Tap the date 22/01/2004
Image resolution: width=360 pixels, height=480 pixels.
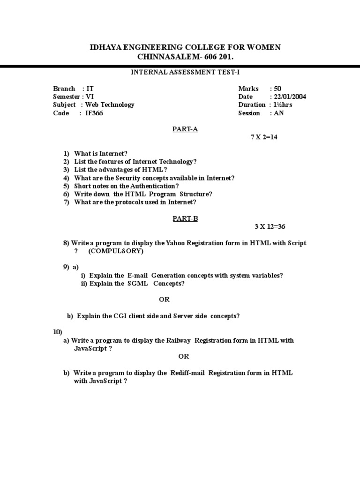288,97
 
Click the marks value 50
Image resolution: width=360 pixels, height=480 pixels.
278,89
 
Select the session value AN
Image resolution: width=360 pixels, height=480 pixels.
279,113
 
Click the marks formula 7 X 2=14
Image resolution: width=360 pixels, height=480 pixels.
264,138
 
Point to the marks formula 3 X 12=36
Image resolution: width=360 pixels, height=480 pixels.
270,226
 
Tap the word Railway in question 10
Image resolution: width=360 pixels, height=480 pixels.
179,340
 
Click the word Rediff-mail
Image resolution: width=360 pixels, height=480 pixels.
186,373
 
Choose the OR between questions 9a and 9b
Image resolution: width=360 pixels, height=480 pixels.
164,300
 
